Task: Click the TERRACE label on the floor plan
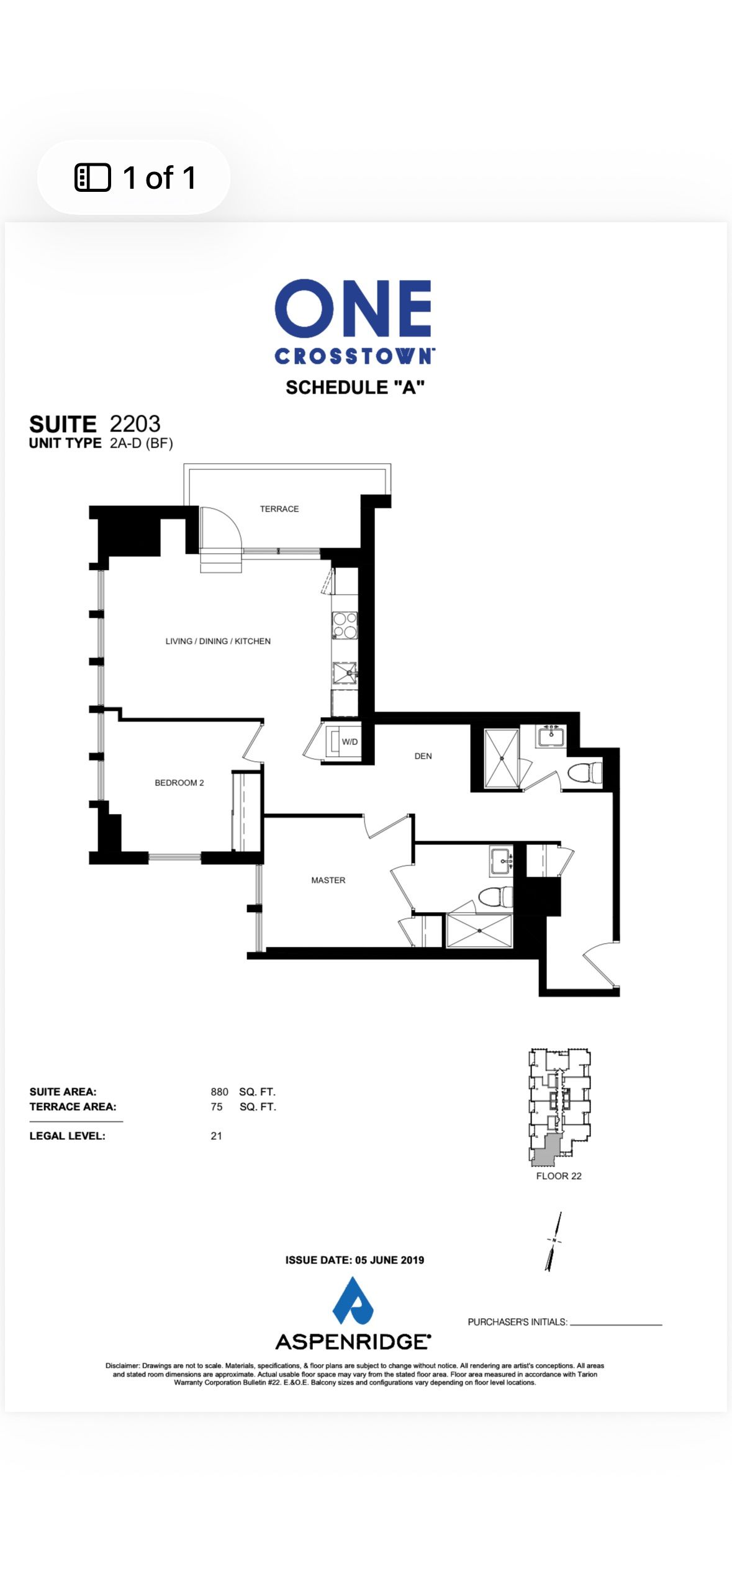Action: (279, 509)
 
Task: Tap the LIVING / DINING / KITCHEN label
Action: (218, 641)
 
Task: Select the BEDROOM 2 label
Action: (179, 782)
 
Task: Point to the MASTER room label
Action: (328, 880)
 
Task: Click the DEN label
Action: (423, 756)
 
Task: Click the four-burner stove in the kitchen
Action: (345, 625)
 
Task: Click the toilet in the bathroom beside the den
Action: (585, 773)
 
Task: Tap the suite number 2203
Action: (135, 423)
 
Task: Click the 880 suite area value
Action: (219, 1092)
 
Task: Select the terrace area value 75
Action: (217, 1106)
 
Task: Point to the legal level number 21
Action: (216, 1136)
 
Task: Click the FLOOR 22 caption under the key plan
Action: (559, 1175)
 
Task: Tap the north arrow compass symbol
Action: (554, 1241)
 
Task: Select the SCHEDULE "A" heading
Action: (355, 387)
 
